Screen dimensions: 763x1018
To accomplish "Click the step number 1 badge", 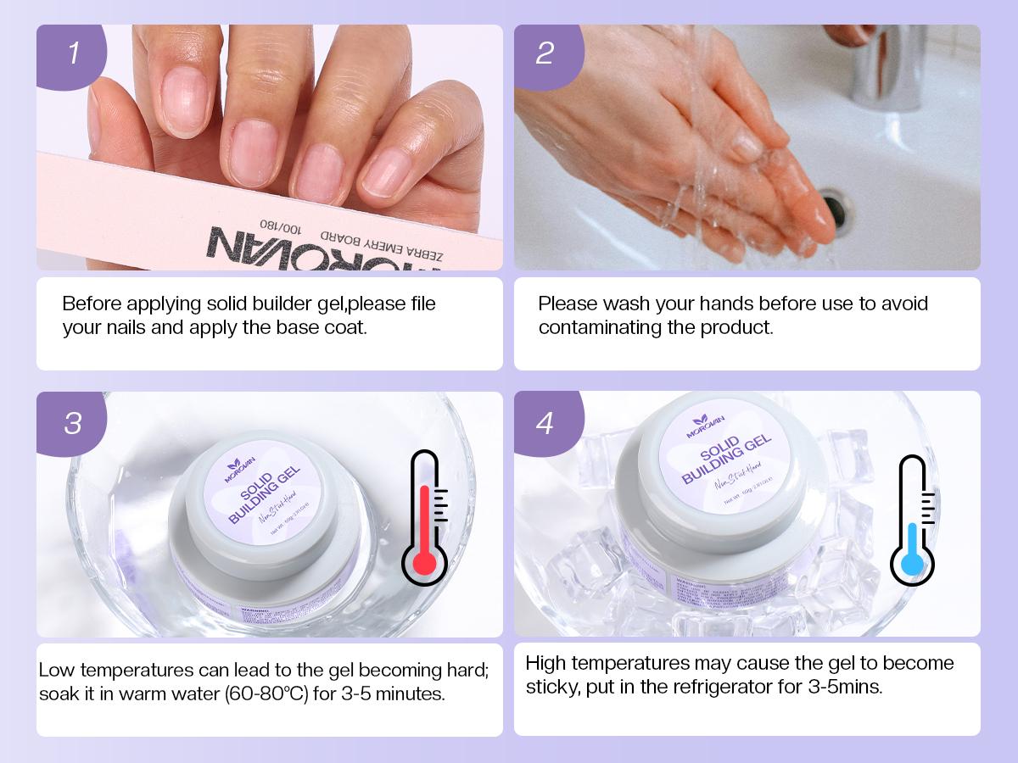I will click(x=72, y=53).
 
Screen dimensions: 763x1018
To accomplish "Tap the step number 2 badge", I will click(x=545, y=53).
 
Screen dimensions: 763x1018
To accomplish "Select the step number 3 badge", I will click(x=72, y=421).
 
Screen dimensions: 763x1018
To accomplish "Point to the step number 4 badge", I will click(x=545, y=421).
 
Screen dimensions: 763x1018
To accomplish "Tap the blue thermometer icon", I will click(x=912, y=520).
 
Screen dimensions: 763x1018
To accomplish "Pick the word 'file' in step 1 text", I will click(x=422, y=304).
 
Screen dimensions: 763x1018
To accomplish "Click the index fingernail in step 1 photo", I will click(x=185, y=99).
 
